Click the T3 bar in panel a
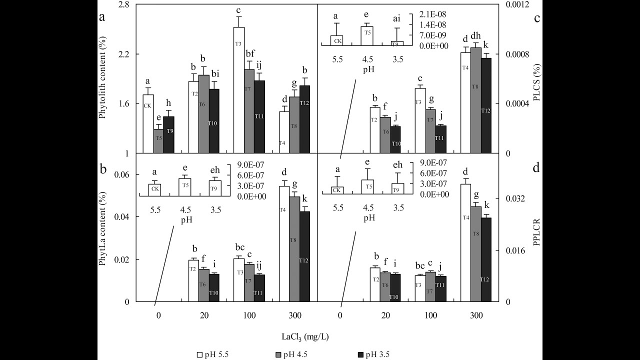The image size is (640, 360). (x=239, y=90)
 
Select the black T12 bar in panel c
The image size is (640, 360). (x=485, y=105)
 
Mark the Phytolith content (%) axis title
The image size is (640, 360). (x=102, y=78)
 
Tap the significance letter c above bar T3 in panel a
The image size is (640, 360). (x=239, y=9)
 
